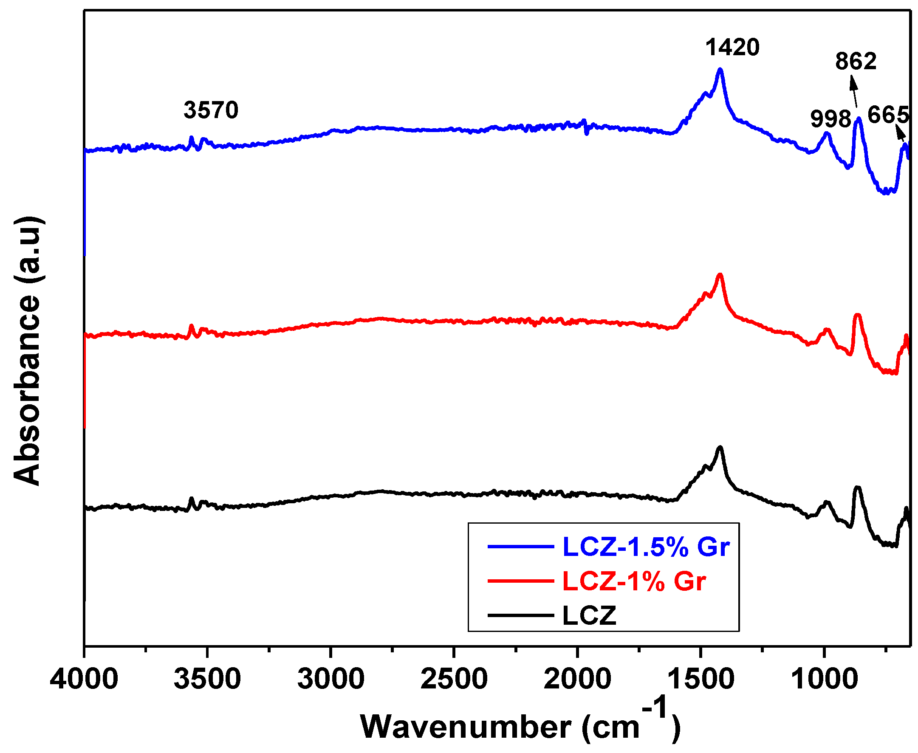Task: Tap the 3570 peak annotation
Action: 211,110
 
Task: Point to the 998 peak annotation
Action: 830,118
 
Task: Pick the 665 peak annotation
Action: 888,115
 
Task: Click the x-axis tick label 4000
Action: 84,679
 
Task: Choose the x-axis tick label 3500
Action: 207,679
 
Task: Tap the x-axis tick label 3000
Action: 330,679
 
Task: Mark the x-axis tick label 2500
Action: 454,679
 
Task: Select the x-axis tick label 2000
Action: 577,679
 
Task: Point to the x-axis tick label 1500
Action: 701,679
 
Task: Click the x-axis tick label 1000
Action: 824,679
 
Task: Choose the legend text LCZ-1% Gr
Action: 634,581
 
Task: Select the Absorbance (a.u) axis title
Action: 27,350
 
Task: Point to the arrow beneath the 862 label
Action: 853,91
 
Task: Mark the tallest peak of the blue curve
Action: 720,69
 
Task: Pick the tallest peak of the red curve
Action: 720,274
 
